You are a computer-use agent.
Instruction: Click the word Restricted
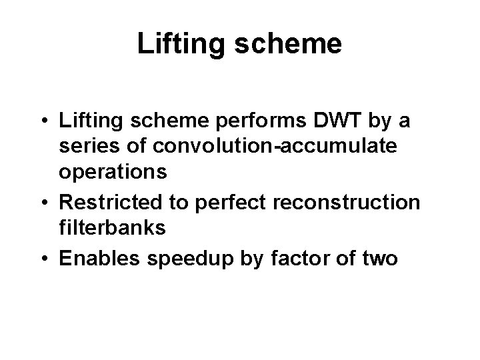tap(109, 201)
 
